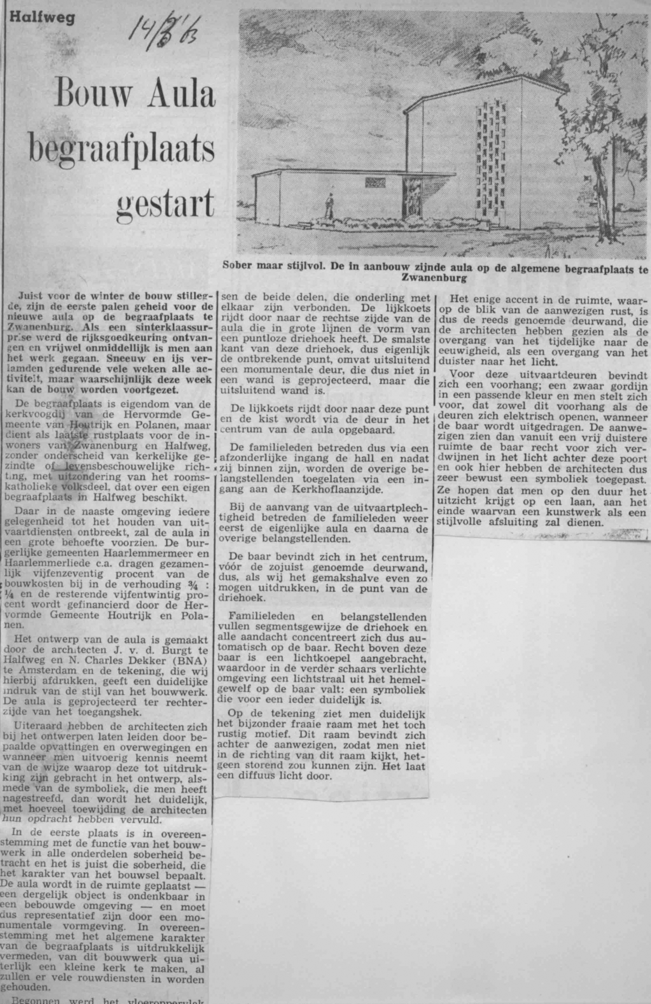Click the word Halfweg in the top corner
[x=42, y=17]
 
